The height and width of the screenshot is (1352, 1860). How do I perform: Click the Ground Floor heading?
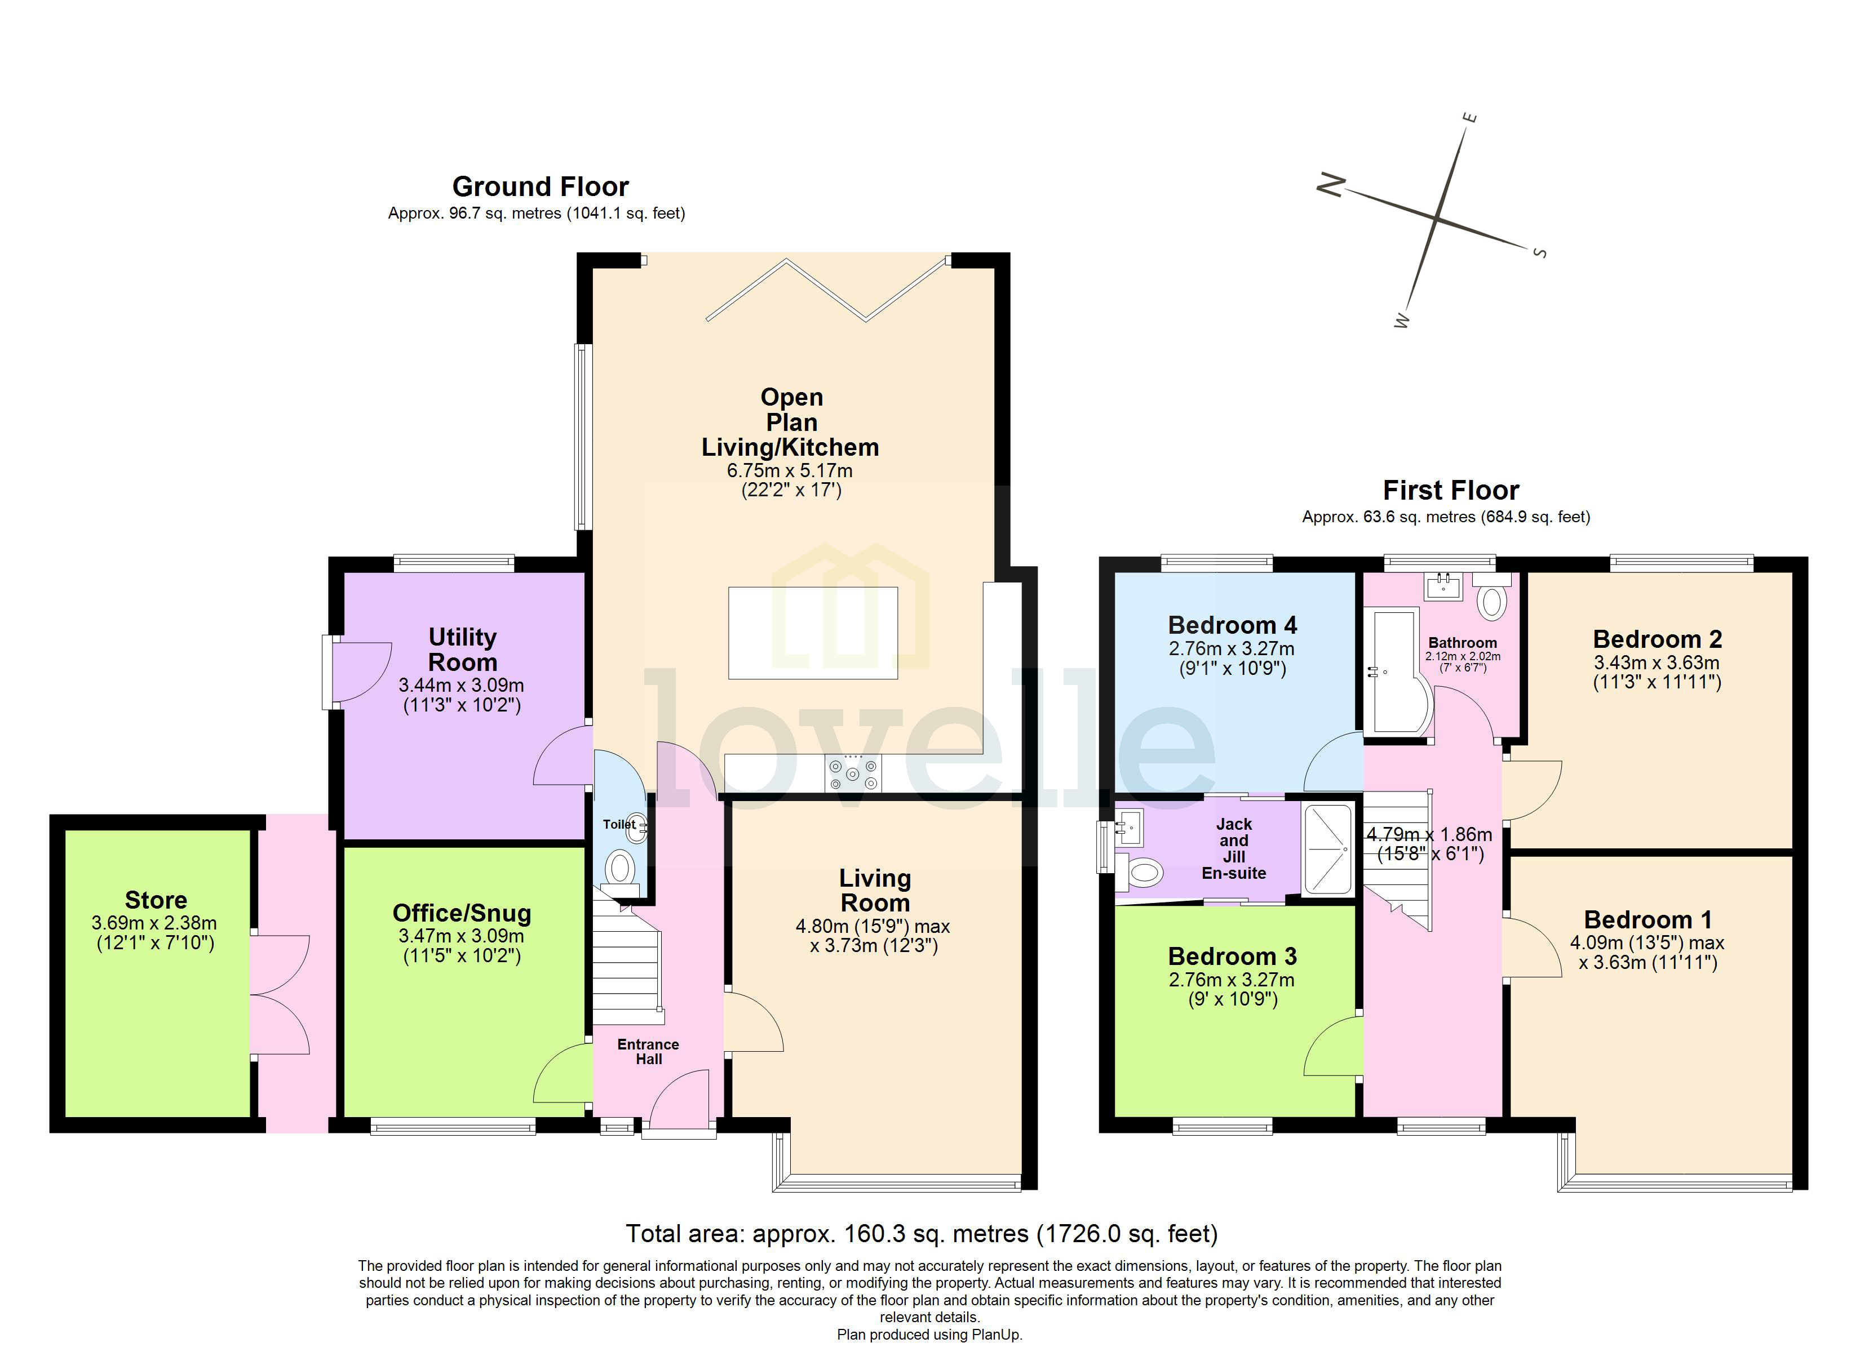(541, 187)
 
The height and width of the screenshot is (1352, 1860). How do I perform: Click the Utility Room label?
(463, 650)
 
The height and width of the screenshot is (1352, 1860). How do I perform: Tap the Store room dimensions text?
(155, 933)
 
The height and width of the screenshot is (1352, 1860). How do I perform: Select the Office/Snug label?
(462, 913)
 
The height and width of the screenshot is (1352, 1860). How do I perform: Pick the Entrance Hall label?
(648, 1051)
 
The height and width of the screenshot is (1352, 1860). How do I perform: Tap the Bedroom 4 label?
(1232, 625)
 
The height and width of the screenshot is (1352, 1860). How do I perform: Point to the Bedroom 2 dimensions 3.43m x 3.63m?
(1656, 662)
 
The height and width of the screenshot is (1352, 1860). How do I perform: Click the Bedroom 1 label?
(1647, 919)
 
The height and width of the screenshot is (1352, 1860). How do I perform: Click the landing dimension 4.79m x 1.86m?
(1429, 835)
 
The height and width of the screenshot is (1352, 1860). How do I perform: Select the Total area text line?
(921, 1233)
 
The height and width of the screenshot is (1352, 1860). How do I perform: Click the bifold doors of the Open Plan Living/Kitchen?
(827, 291)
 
